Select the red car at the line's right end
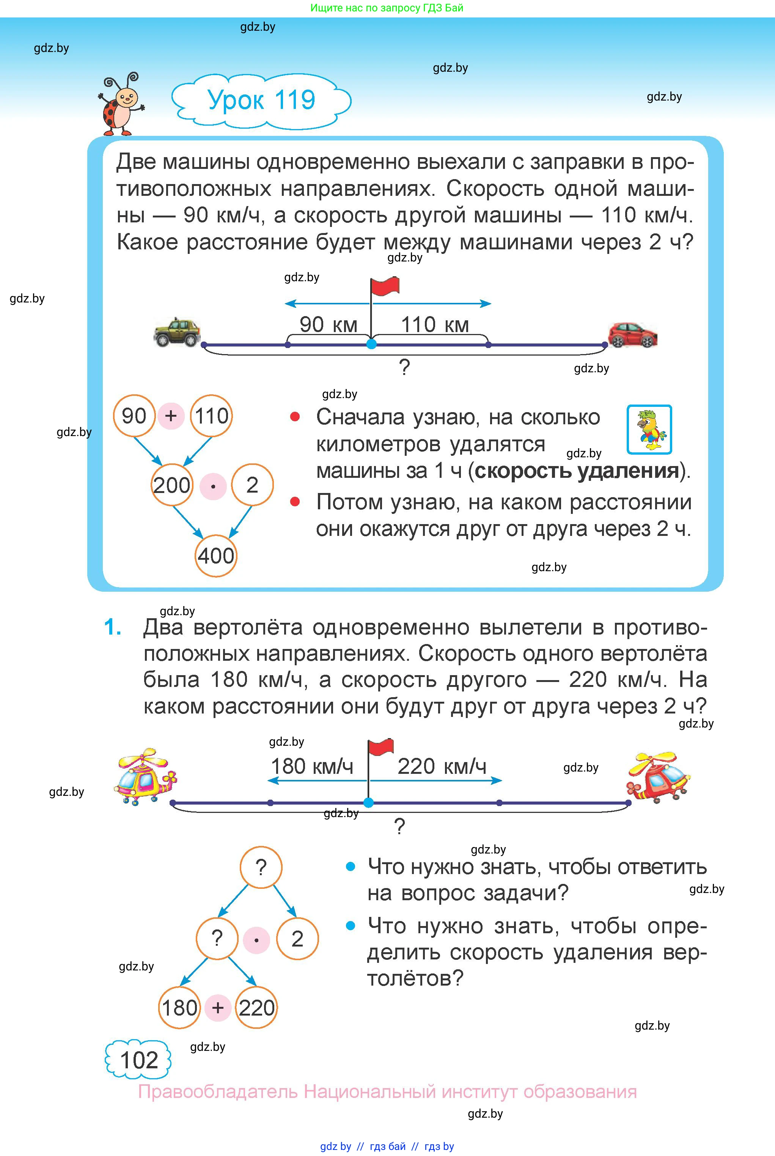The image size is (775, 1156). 632,335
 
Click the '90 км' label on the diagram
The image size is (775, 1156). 328,325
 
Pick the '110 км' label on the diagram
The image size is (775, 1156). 434,325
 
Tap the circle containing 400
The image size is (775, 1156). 216,556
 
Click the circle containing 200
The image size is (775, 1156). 171,485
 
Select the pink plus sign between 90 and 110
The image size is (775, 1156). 171,416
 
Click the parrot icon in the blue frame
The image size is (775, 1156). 649,429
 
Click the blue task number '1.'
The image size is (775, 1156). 113,627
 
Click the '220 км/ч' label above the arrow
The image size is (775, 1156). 442,766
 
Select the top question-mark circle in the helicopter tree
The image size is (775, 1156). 261,867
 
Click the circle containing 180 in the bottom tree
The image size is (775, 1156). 179,1008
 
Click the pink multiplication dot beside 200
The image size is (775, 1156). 213,486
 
